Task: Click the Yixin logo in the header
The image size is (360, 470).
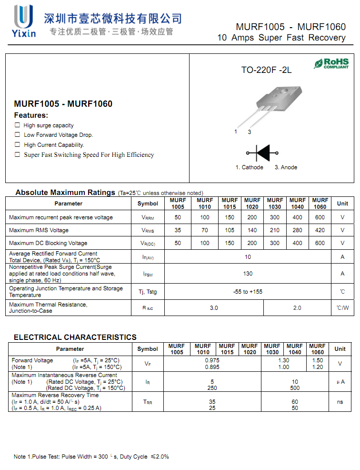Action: click(25, 21)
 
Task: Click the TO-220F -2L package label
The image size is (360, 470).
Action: click(266, 70)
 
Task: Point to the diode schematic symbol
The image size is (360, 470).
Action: click(262, 153)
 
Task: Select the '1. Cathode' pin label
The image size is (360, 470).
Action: click(249, 167)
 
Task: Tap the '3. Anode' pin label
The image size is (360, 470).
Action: click(286, 167)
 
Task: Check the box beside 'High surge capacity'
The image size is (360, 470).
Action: click(18, 125)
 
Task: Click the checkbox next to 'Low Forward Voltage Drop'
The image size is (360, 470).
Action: click(18, 135)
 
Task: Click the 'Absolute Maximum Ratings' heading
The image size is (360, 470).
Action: click(65, 193)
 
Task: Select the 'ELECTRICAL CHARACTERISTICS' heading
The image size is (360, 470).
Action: click(75, 337)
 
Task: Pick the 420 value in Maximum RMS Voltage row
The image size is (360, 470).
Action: click(320, 230)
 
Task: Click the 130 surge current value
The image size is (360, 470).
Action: click(248, 274)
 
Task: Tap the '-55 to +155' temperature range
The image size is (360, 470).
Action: click(248, 292)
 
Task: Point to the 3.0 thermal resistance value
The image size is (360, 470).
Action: click(214, 308)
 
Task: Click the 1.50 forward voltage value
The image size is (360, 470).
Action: click(318, 361)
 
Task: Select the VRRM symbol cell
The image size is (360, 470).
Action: click(148, 218)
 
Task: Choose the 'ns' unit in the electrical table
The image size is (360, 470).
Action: click(340, 402)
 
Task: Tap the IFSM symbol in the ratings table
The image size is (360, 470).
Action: click(148, 274)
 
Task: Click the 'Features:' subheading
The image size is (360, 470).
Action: click(31, 115)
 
